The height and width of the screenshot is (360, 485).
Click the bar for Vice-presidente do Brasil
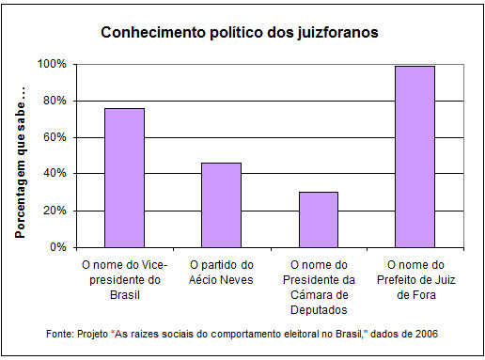click(x=124, y=178)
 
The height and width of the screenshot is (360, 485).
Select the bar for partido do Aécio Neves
click(x=222, y=205)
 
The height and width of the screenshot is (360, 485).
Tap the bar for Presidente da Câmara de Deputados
click(x=319, y=219)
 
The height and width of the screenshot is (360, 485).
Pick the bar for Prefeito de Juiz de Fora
click(x=415, y=156)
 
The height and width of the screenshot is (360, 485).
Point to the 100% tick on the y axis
click(x=52, y=64)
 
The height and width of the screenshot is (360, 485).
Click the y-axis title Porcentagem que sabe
click(x=20, y=156)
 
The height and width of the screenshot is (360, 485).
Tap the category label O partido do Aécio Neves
click(x=222, y=272)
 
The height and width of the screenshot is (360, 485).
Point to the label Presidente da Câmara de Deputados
click(x=319, y=287)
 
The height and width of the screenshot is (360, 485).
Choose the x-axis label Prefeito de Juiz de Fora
click(x=415, y=279)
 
